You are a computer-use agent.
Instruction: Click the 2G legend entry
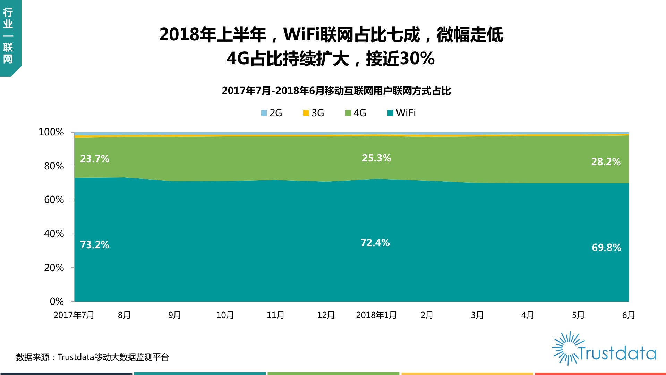coord(272,113)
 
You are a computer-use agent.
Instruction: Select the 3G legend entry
coord(314,113)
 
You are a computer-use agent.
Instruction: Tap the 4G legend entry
coord(356,113)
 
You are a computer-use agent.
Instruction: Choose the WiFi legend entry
coord(402,113)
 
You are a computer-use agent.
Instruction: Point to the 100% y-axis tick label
coord(51,132)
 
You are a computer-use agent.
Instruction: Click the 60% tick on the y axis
coord(54,200)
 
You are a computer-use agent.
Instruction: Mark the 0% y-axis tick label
coord(57,301)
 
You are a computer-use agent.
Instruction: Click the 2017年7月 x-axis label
coord(74,315)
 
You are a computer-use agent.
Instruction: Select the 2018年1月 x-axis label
coord(376,315)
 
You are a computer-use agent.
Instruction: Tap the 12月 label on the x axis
coord(326,315)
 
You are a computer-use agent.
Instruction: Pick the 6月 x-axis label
coord(629,315)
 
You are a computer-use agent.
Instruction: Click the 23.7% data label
coord(95,159)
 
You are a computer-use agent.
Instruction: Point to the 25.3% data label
coord(377,158)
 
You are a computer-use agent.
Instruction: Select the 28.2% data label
coord(606,162)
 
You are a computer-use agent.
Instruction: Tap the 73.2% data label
coord(95,245)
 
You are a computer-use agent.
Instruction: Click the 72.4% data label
coord(375,243)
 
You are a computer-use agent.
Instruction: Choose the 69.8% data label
coord(607,248)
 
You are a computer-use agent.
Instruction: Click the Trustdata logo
coord(604,348)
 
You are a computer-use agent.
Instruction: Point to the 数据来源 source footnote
coord(93,357)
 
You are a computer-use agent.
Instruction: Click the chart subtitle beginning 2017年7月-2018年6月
coord(336,91)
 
